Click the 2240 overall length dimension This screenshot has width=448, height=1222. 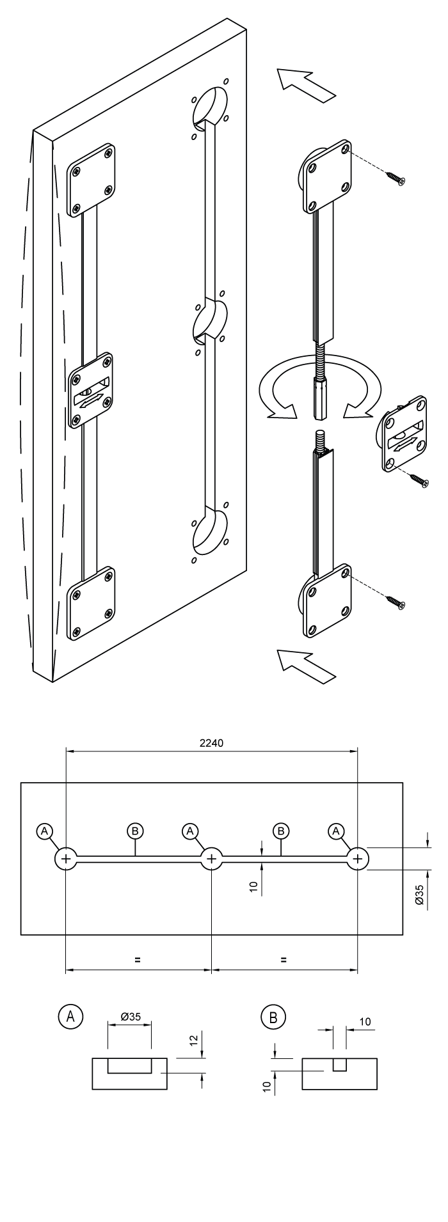(x=211, y=742)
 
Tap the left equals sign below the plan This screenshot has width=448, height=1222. (x=137, y=960)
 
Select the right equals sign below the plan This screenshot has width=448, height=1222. (x=284, y=960)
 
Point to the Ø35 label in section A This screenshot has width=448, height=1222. (x=130, y=1017)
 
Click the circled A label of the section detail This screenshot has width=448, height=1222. (x=70, y=1016)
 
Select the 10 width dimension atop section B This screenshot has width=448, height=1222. (x=365, y=1022)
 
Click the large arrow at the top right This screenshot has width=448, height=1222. (x=307, y=84)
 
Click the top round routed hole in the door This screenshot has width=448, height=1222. (x=211, y=106)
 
